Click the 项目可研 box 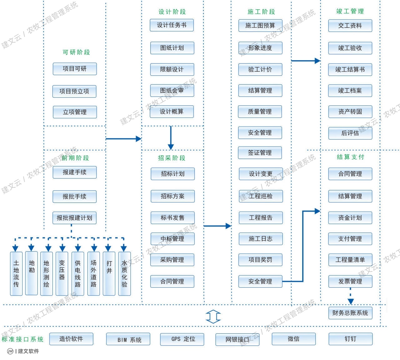pyautogui.click(x=74, y=69)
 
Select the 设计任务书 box pyautogui.click(x=172, y=25)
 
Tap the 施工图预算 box pyautogui.click(x=260, y=26)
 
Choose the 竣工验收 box pyautogui.click(x=350, y=48)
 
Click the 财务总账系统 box pyautogui.click(x=350, y=313)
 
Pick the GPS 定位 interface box pyautogui.click(x=182, y=339)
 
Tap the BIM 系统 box pyautogui.click(x=128, y=339)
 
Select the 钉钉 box pyautogui.click(x=350, y=339)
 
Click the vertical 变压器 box pyautogui.click(x=62, y=273)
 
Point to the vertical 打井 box pyautogui.click(x=109, y=273)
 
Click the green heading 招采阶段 pyautogui.click(x=172, y=158)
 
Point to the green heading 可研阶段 pyautogui.click(x=76, y=52)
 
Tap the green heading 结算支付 pyautogui.click(x=350, y=157)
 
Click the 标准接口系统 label pyautogui.click(x=22, y=339)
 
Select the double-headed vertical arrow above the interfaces pyautogui.click(x=213, y=317)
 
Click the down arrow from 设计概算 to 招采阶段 pyautogui.click(x=171, y=138)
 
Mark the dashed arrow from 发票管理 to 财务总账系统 pyautogui.click(x=350, y=296)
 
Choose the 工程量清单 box pyautogui.click(x=350, y=260)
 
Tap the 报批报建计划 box pyautogui.click(x=74, y=218)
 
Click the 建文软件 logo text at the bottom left pyautogui.click(x=28, y=351)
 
